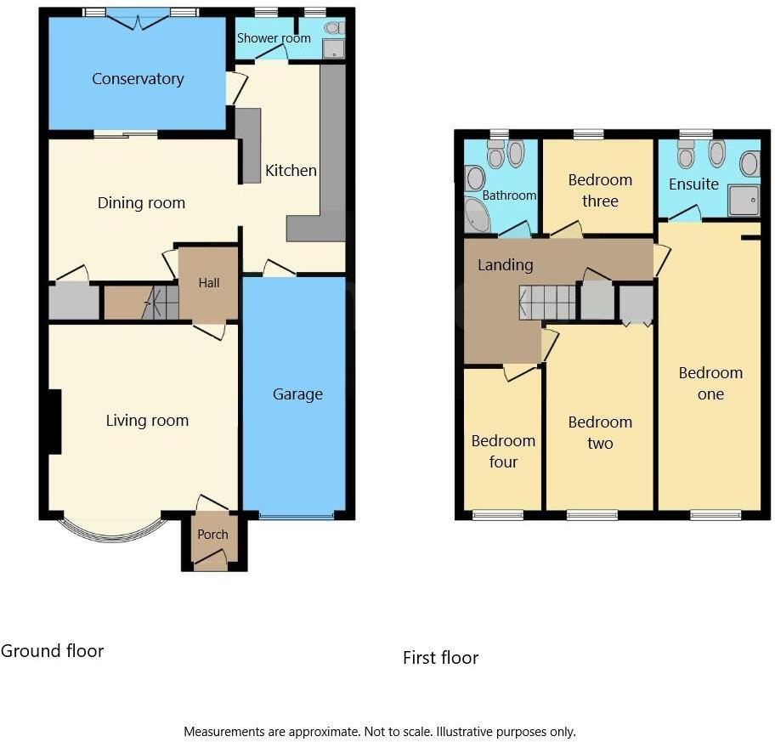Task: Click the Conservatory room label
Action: pyautogui.click(x=138, y=79)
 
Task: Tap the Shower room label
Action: pyautogui.click(x=274, y=38)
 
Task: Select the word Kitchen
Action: pyautogui.click(x=291, y=171)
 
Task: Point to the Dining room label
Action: pyautogui.click(x=141, y=203)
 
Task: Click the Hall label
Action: pyautogui.click(x=209, y=282)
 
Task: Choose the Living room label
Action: pyautogui.click(x=147, y=420)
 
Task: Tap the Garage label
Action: pyautogui.click(x=297, y=394)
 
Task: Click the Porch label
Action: pyautogui.click(x=212, y=535)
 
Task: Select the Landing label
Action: pyautogui.click(x=505, y=265)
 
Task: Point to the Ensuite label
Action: pyautogui.click(x=693, y=184)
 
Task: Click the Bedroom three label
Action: pyautogui.click(x=600, y=190)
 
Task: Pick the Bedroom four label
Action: pyautogui.click(x=503, y=451)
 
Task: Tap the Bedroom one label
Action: pyautogui.click(x=710, y=383)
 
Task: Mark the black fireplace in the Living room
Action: pyautogui.click(x=54, y=422)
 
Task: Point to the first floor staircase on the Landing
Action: pyautogui.click(x=548, y=302)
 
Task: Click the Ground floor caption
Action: pyautogui.click(x=52, y=651)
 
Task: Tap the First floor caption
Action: pyautogui.click(x=440, y=658)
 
